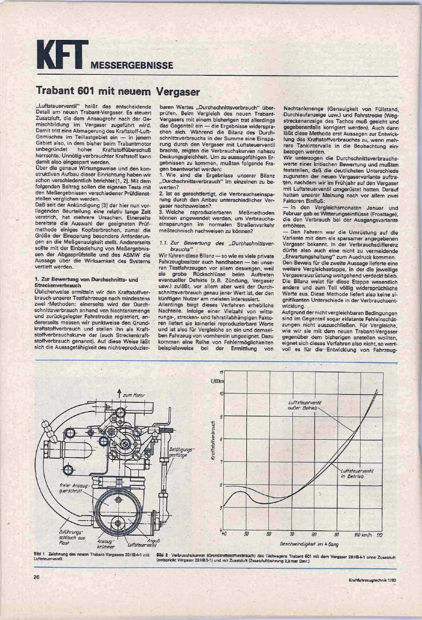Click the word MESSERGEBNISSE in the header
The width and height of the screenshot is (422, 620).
pyautogui.click(x=133, y=66)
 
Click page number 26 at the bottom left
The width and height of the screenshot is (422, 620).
pyautogui.click(x=37, y=577)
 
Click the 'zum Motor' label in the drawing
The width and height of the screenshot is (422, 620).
pyautogui.click(x=134, y=396)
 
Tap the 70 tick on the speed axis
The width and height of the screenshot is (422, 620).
pyautogui.click(x=292, y=534)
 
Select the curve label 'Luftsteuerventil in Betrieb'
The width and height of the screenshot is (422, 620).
pyautogui.click(x=356, y=474)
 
